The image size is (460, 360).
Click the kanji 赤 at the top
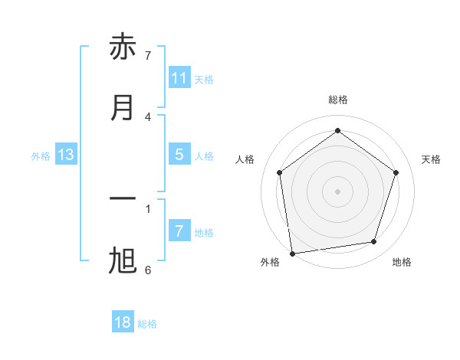point(123,47)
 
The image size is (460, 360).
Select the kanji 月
point(123,107)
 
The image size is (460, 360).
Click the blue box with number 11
point(179,78)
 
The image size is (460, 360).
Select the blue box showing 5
point(179,155)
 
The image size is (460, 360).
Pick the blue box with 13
point(66,155)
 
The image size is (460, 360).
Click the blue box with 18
point(123,322)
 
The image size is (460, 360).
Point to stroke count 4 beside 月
point(148,116)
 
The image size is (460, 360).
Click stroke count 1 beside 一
point(148,208)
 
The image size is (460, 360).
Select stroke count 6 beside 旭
point(148,270)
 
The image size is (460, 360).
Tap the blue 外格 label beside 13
point(41,156)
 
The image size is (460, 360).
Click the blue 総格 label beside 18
point(147,324)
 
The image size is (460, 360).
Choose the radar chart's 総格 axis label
point(338,100)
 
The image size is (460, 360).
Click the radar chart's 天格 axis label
point(432,159)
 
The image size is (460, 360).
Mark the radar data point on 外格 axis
point(292,253)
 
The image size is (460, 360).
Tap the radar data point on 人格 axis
point(279,172)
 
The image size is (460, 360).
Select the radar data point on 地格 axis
point(374,242)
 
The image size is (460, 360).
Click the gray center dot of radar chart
point(338,191)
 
